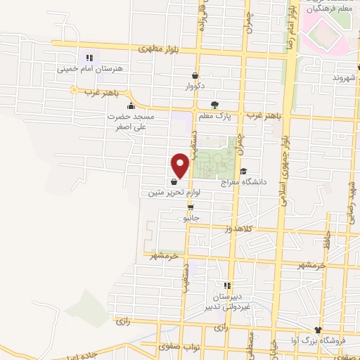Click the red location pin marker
180,165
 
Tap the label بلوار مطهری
153,49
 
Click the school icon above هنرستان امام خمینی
89,58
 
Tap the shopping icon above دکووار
194,76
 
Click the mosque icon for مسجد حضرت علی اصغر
131,106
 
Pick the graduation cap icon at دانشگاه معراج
244,171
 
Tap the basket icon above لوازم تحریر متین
173,181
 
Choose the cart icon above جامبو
191,207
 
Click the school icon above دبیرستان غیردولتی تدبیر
227,285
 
